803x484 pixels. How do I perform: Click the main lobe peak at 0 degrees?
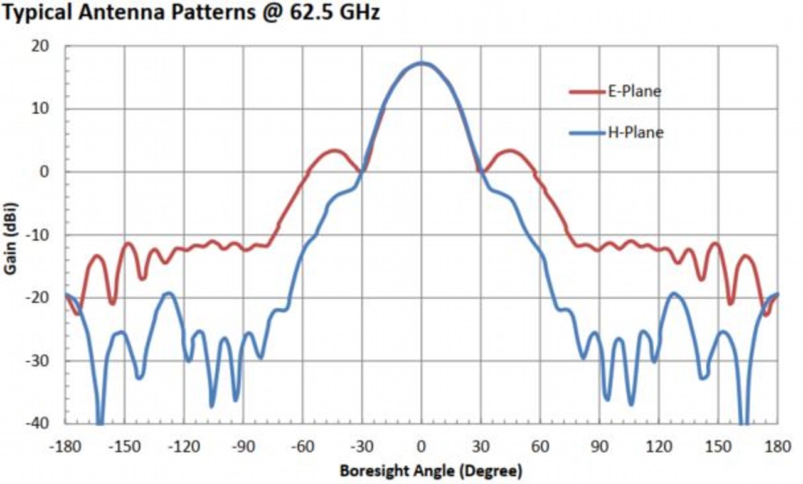422,63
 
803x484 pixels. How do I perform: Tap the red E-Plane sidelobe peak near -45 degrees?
334,151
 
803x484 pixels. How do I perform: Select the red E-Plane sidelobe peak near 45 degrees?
509,151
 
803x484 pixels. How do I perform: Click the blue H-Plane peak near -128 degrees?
168,293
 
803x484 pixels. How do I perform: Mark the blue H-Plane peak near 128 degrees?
675,293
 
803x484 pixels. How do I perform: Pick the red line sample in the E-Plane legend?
585,92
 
